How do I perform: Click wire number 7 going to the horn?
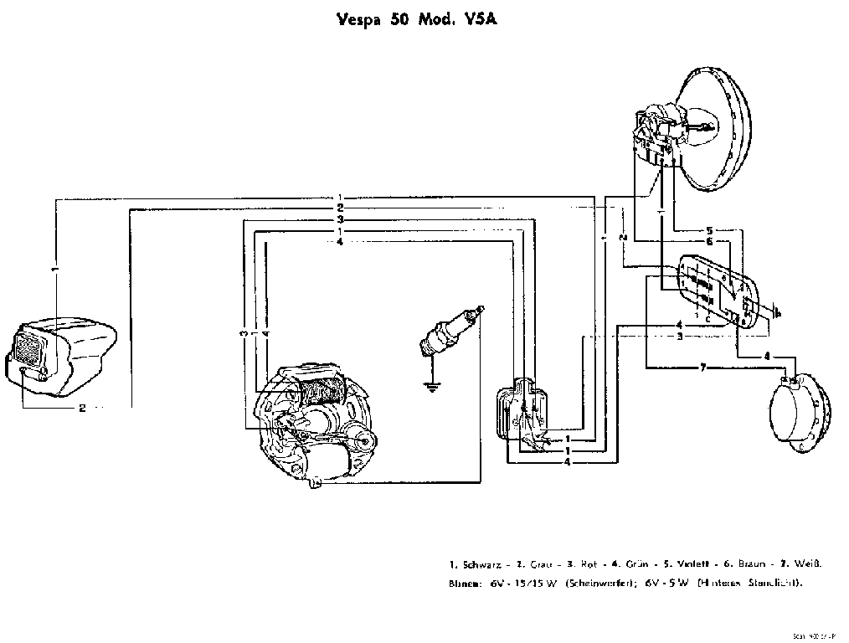point(703,367)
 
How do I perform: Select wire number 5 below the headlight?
point(708,229)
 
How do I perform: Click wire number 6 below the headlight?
point(708,241)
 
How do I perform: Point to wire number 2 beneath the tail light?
point(82,409)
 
